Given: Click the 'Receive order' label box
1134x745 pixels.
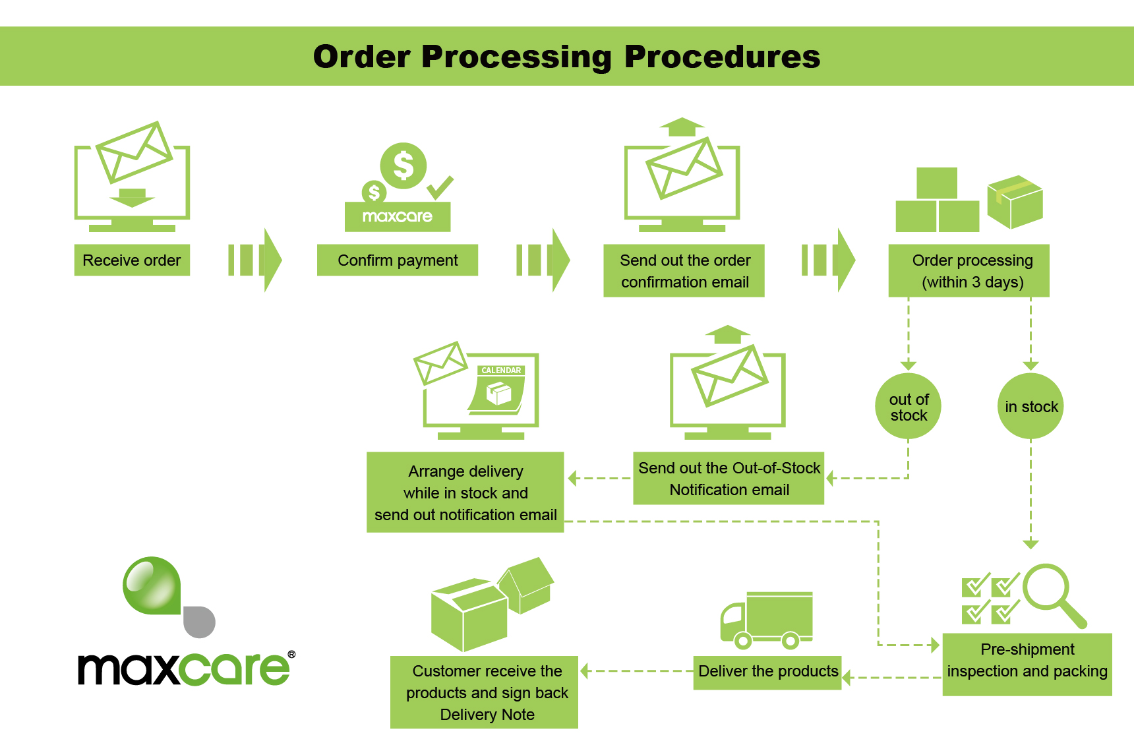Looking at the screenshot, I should tap(132, 260).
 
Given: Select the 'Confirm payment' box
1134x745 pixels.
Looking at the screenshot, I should tap(398, 260).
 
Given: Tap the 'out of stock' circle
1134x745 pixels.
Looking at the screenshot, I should tap(908, 407).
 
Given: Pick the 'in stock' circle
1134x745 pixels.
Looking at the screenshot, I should tap(1030, 407).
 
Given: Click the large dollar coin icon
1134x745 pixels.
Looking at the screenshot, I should tap(403, 165).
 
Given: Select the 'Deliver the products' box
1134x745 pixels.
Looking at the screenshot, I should tap(767, 672).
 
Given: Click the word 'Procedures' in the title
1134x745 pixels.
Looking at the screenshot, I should tap(722, 57).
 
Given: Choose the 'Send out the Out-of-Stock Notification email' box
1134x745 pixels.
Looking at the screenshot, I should tap(729, 479).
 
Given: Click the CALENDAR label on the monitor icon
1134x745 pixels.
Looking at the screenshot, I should tap(501, 371).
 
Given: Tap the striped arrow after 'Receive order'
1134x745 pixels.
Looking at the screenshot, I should tap(255, 260).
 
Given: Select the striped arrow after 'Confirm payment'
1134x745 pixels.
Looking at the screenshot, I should tap(543, 260).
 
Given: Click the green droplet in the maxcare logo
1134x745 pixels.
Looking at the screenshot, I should tap(152, 585).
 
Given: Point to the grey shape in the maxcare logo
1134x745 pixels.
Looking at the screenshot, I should tap(199, 622).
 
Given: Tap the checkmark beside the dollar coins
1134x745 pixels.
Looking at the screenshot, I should tap(440, 187).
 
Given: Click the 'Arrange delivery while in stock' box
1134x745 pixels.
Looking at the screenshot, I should tap(465, 492).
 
